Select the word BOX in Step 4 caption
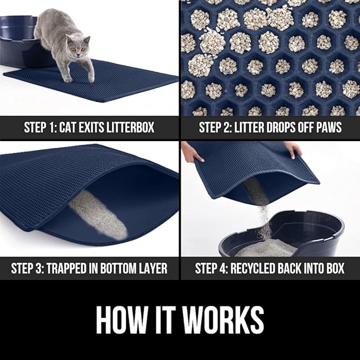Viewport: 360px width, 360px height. (x=333, y=268)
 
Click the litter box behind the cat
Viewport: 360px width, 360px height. (x=21, y=40)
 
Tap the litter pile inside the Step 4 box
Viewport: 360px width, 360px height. (x=265, y=247)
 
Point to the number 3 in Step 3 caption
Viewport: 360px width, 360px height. (x=49, y=268)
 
